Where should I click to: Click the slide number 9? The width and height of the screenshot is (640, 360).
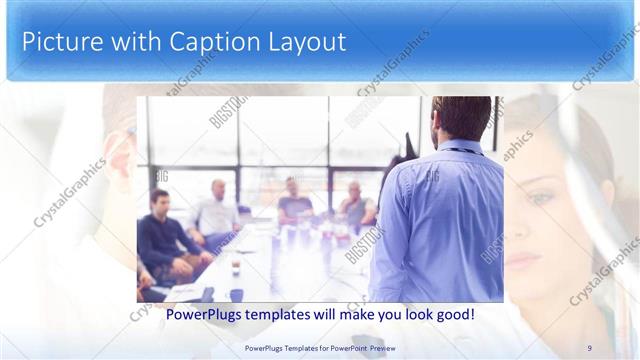[589, 347]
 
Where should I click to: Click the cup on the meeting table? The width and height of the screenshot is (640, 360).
[235, 268]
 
